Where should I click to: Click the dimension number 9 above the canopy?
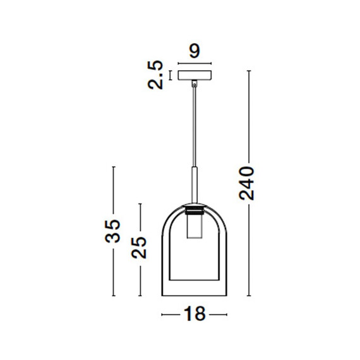[x=195, y=51]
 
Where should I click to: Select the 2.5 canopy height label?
[x=155, y=75]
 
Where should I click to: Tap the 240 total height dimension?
[x=246, y=183]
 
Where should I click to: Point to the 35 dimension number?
[x=112, y=231]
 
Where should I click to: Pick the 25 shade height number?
[x=139, y=248]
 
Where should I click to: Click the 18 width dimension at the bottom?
[x=195, y=314]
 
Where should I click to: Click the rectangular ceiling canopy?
[x=195, y=75]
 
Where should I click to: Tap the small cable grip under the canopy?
[x=195, y=83]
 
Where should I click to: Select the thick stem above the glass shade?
[x=195, y=185]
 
